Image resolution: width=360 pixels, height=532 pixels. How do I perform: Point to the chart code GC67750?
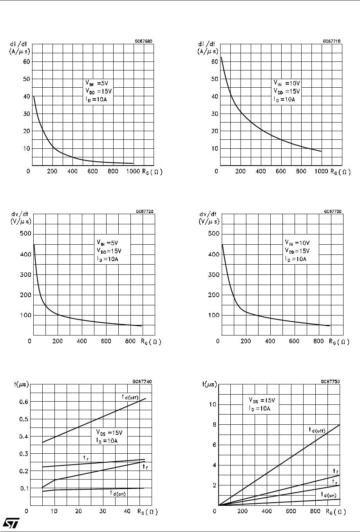(330, 381)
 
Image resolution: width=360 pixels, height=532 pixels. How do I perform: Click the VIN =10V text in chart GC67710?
(286, 83)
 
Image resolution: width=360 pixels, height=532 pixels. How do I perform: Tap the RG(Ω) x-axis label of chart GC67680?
(150, 171)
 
